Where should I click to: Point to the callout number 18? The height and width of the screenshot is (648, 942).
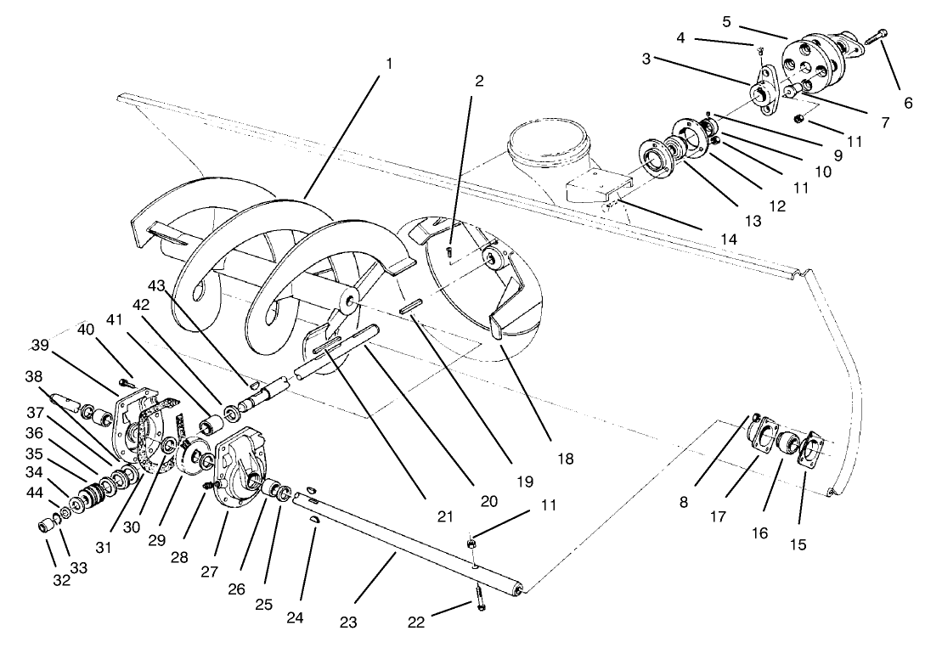pyautogui.click(x=565, y=459)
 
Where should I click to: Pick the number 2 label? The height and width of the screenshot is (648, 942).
pyautogui.click(x=479, y=82)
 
